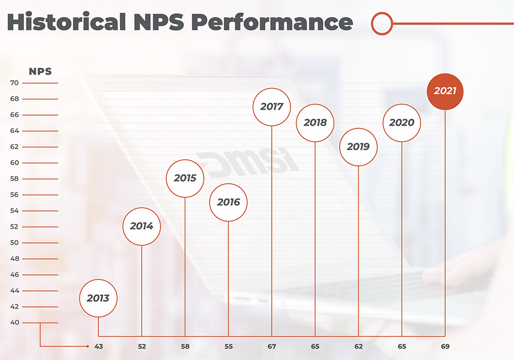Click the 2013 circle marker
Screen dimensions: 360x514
(98, 298)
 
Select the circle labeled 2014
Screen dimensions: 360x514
(141, 226)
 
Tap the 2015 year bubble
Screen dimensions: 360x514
(185, 178)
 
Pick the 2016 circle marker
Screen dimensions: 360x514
(228, 202)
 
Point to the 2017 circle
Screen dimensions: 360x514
(272, 106)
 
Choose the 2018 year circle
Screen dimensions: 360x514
(315, 122)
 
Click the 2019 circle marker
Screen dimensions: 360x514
(358, 147)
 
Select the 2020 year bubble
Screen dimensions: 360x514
(402, 122)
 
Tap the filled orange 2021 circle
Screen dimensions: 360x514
(445, 91)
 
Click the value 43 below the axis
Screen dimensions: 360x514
(99, 347)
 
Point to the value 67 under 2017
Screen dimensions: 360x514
(272, 347)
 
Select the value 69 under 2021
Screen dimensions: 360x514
(445, 347)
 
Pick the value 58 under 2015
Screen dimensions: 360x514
(185, 347)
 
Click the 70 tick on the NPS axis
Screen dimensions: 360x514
(14, 83)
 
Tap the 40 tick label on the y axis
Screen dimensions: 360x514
(14, 323)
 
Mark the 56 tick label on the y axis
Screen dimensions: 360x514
(14, 195)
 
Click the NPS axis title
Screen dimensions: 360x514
(40, 71)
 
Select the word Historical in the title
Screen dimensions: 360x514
(66, 23)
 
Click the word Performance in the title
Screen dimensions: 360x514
(272, 23)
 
